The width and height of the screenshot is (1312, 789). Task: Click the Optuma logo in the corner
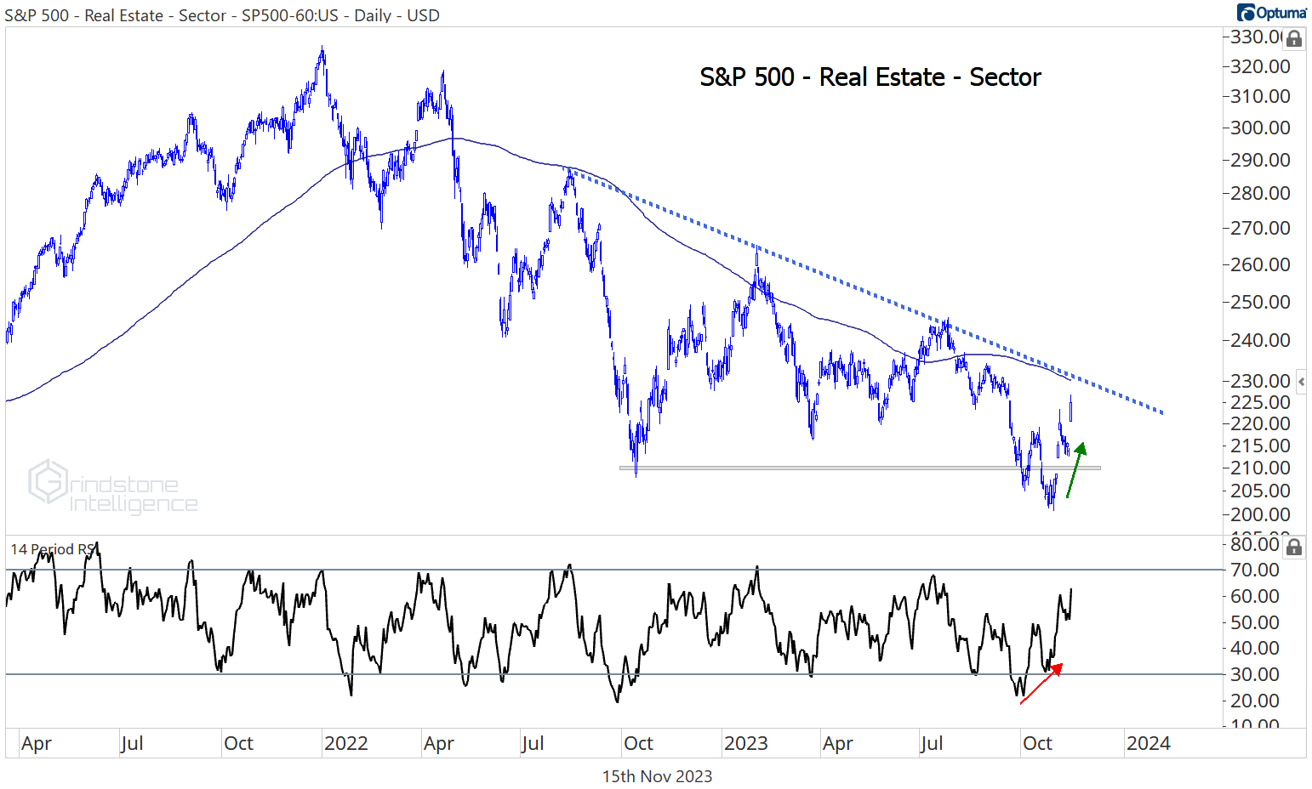pos(1272,13)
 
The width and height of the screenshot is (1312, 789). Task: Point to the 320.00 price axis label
pos(1260,66)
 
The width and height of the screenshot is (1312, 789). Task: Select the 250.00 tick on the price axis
pos(1260,302)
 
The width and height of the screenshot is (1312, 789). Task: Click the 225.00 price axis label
pos(1260,402)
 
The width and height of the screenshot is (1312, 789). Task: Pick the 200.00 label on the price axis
pos(1260,514)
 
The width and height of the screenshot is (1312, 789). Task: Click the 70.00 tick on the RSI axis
pos(1255,570)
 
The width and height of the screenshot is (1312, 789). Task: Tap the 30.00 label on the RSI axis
pos(1255,674)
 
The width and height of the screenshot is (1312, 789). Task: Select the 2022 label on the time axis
pos(345,743)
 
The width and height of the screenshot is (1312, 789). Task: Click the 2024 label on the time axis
pos(1148,743)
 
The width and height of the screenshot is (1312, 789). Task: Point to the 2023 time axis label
pos(745,743)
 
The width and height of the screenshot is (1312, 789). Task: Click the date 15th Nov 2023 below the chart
pos(657,776)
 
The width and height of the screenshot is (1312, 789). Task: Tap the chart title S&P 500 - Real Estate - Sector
pos(870,77)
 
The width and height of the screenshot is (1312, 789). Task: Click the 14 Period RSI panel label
pos(53,549)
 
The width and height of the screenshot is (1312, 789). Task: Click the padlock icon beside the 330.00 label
pos(1293,39)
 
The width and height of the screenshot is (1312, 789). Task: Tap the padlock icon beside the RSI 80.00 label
pos(1293,547)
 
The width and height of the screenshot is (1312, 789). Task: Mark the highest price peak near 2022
pos(322,49)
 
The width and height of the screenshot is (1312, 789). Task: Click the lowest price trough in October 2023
pos(1052,508)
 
